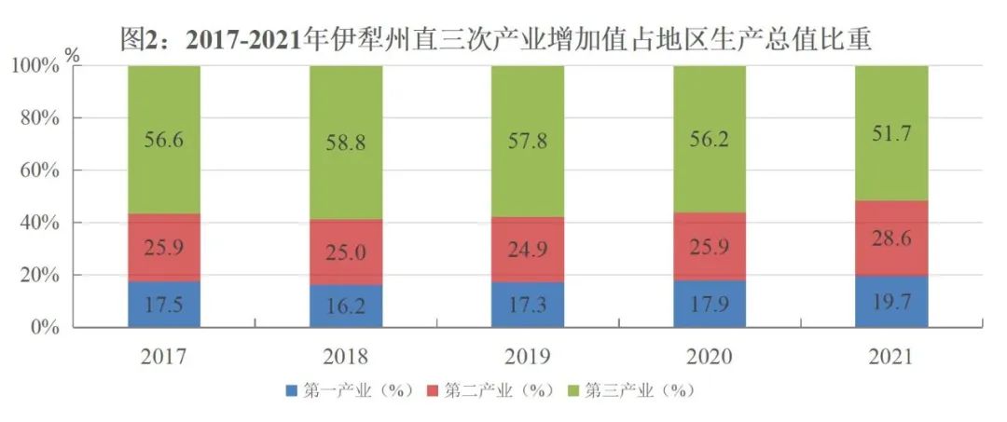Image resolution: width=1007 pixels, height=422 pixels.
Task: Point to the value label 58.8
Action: pos(346,144)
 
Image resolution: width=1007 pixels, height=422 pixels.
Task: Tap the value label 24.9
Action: pos(528,250)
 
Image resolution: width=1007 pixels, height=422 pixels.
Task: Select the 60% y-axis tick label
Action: pos(40,170)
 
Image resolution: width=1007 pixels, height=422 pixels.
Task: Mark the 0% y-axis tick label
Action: pos(45,328)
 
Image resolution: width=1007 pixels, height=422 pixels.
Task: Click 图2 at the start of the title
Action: pos(147,37)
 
